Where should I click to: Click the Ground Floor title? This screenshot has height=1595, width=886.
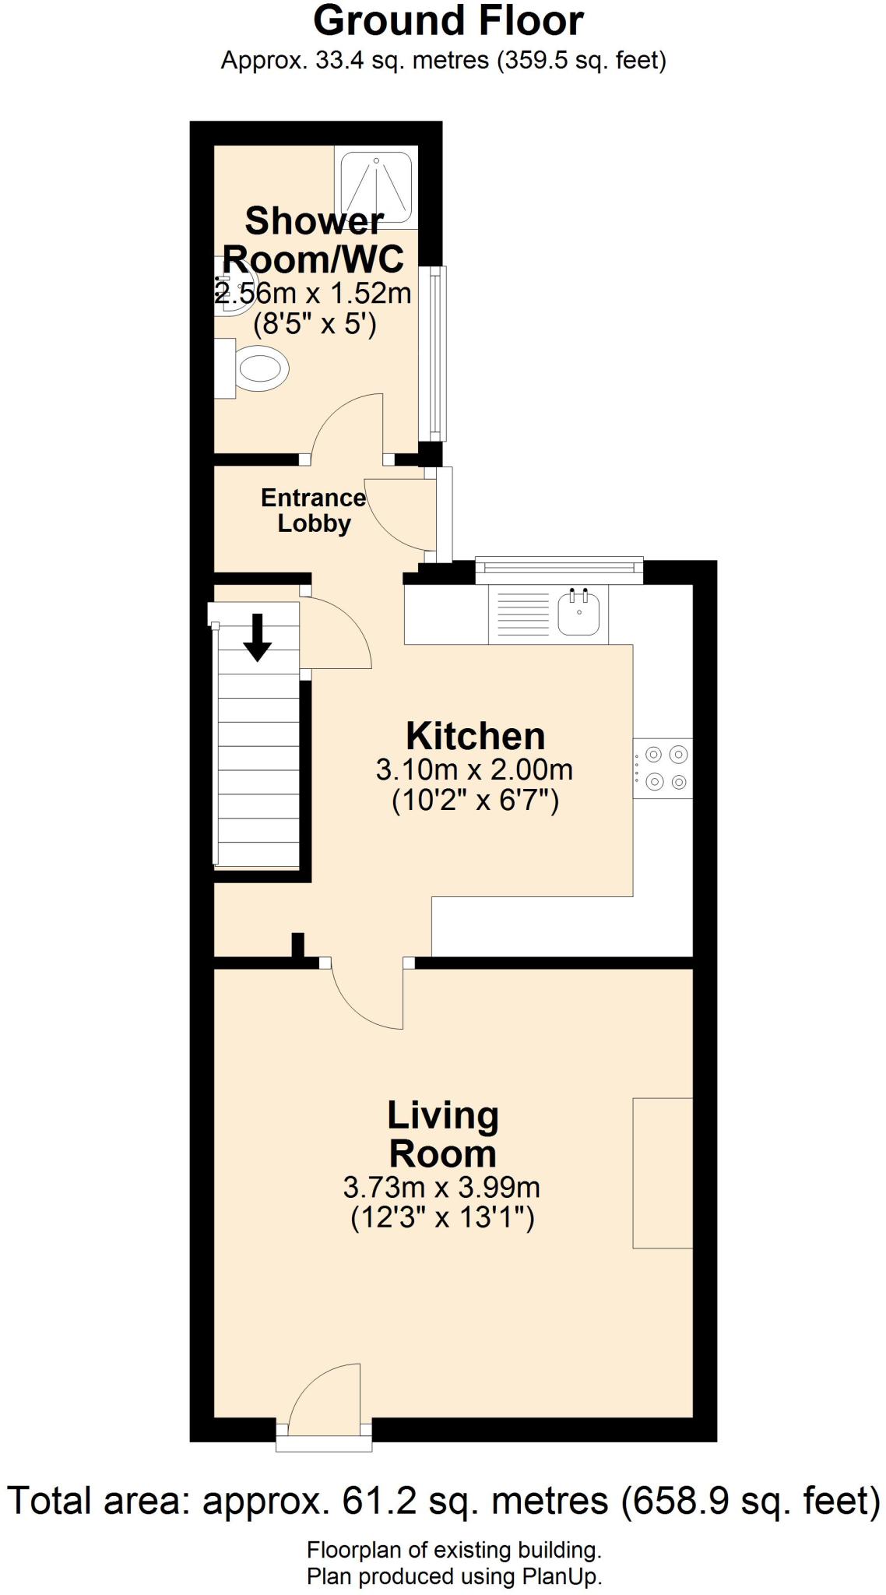[x=448, y=21]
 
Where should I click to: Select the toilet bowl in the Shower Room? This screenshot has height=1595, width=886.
[x=260, y=368]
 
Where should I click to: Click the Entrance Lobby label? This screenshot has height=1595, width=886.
[x=313, y=510]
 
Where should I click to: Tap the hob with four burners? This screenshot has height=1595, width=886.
[x=663, y=768]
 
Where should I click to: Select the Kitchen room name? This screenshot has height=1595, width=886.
[x=476, y=736]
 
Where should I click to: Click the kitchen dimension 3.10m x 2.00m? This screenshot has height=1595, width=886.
[x=474, y=770]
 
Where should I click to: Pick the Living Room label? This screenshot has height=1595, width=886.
[x=443, y=1134]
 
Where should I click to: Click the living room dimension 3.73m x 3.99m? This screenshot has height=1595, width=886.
[x=441, y=1188]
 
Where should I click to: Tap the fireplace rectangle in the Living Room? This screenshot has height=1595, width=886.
[x=663, y=1173]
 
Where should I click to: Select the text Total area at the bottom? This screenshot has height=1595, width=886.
[x=98, y=1499]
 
